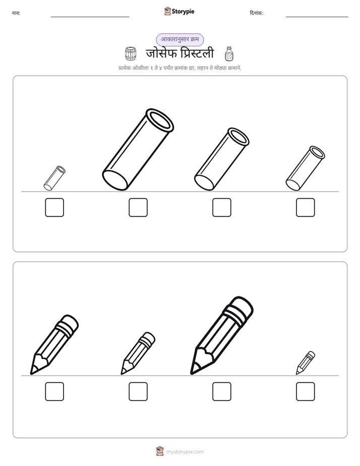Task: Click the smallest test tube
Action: pos(54,179)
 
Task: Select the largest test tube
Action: pos(138,149)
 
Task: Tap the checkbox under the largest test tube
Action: pos(138,207)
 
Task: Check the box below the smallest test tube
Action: pos(54,207)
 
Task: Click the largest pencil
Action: pos(221,335)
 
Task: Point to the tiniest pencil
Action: pos(306,363)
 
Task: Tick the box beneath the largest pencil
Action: pos(222,391)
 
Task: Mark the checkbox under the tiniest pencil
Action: pos(306,391)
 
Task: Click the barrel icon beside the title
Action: pos(131,54)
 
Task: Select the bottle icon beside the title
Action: pos(229,54)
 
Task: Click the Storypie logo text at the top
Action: pos(183,12)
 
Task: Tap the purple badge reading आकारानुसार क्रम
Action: pos(180,39)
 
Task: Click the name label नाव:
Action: pos(16,13)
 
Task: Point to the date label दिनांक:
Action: pos(257,13)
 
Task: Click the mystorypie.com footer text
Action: pos(185,452)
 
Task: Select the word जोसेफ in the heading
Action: pos(161,53)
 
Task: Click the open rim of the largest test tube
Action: pos(160,120)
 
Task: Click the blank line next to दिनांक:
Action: pos(317,17)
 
